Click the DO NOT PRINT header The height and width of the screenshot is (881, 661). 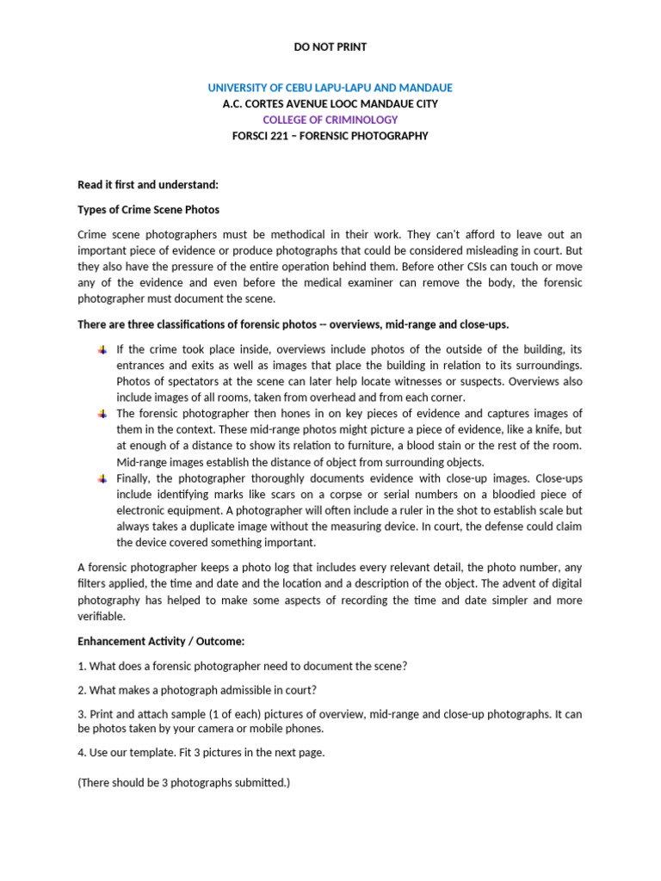click(x=330, y=47)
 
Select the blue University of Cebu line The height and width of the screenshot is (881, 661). click(x=330, y=89)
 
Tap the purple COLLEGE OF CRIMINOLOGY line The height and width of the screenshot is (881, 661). click(x=330, y=120)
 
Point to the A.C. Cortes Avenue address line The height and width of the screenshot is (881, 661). click(x=330, y=104)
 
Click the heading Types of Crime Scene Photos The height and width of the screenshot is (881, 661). click(x=148, y=210)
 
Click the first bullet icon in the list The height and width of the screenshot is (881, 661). click(x=102, y=350)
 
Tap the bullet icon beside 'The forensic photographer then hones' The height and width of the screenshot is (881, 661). click(x=102, y=414)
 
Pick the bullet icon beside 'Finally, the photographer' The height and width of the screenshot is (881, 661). click(x=102, y=477)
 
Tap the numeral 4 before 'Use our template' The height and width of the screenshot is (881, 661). click(x=81, y=753)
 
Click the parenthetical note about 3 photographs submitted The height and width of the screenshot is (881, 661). click(x=184, y=783)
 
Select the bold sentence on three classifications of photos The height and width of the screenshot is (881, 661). click(x=293, y=324)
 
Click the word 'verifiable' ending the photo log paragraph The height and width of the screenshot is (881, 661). click(x=102, y=616)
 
